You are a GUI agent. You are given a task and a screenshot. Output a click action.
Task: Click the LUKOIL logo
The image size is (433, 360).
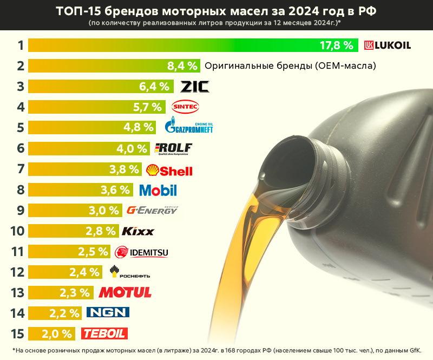(387, 45)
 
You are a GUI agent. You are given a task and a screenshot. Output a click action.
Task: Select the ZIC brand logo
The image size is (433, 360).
(195, 86)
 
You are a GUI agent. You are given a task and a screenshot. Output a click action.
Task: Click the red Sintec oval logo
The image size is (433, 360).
(185, 106)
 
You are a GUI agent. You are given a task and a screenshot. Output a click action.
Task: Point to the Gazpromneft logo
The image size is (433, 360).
(189, 127)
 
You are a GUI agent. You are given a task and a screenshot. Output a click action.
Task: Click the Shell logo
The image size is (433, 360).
(169, 170)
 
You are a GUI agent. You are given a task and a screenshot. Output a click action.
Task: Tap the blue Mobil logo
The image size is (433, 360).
(158, 190)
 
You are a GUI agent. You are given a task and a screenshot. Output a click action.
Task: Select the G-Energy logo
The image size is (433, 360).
(152, 210)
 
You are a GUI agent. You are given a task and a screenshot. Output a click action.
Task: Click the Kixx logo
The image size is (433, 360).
(138, 231)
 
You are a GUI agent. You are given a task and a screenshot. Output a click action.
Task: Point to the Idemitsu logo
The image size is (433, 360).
(142, 252)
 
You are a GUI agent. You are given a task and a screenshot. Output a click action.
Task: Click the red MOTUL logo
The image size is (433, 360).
(125, 293)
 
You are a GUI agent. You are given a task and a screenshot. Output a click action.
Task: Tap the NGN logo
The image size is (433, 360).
(108, 313)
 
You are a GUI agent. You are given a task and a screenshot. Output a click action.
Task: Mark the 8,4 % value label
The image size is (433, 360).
(181, 66)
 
